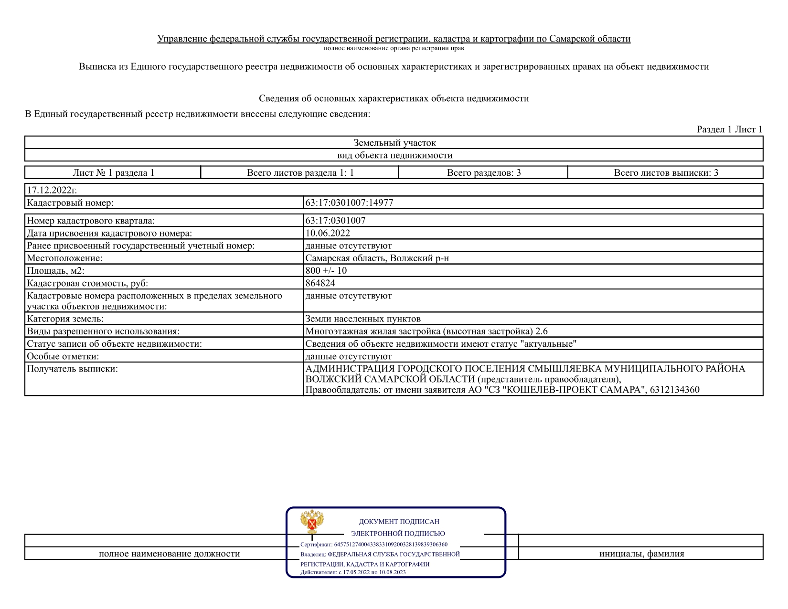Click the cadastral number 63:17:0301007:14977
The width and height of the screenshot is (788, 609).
[x=349, y=203]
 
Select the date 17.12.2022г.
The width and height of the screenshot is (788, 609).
[x=52, y=190]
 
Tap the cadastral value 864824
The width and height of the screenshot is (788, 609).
[x=320, y=283]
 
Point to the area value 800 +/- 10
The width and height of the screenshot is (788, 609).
[x=326, y=270]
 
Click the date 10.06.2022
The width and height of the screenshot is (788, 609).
[x=328, y=233]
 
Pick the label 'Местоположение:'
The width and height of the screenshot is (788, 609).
[x=64, y=258]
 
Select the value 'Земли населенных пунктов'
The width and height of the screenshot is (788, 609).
[x=363, y=319]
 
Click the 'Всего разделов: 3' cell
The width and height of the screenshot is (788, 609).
[x=483, y=172]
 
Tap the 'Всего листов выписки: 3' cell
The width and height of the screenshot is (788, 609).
[x=666, y=172]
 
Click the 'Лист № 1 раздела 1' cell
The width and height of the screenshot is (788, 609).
[x=113, y=172]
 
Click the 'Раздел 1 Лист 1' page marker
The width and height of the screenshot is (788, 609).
[x=729, y=129]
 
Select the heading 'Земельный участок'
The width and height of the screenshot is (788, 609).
[x=394, y=142]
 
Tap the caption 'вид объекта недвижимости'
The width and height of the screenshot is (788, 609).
[x=394, y=155]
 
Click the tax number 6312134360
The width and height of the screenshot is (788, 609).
[x=674, y=389]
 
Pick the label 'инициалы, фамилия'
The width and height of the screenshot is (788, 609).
[x=641, y=554]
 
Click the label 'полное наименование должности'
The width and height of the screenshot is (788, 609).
[x=169, y=554]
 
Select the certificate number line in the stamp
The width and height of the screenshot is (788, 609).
[x=374, y=544]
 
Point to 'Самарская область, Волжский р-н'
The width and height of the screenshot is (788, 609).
[x=377, y=258]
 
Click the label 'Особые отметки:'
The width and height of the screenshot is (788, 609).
[x=63, y=356]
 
